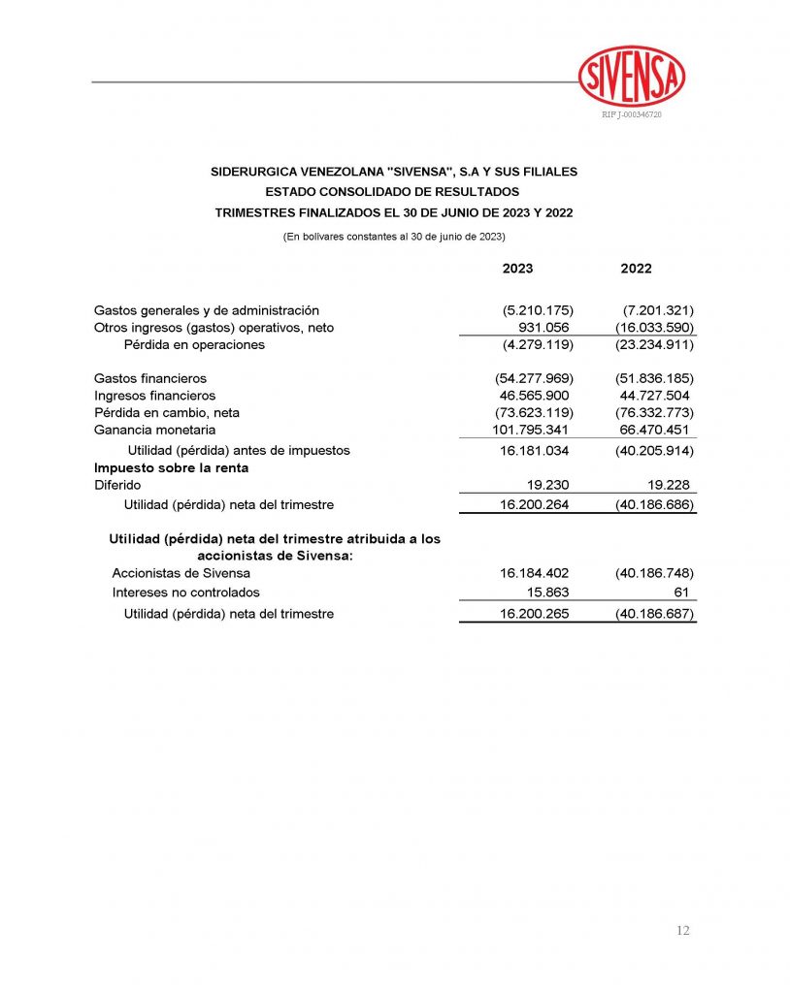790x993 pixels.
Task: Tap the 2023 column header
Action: click(517, 269)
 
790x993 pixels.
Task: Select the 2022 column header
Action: click(636, 269)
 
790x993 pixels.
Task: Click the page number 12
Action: click(682, 930)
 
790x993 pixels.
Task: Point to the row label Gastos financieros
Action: click(150, 378)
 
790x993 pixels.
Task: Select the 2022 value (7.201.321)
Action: click(654, 310)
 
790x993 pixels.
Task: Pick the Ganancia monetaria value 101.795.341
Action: click(531, 430)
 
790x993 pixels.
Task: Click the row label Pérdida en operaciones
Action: click(194, 344)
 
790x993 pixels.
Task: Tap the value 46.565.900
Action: click(534, 396)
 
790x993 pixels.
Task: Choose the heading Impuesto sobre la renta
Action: click(171, 467)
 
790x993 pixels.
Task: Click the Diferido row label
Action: click(117, 485)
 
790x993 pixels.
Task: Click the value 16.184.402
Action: click(534, 573)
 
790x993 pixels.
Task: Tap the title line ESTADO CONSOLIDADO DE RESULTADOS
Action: click(393, 192)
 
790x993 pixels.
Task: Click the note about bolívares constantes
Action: click(393, 237)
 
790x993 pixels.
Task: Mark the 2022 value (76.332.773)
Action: click(654, 412)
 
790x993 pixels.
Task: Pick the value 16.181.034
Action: click(534, 451)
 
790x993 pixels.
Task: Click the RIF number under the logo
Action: click(632, 115)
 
